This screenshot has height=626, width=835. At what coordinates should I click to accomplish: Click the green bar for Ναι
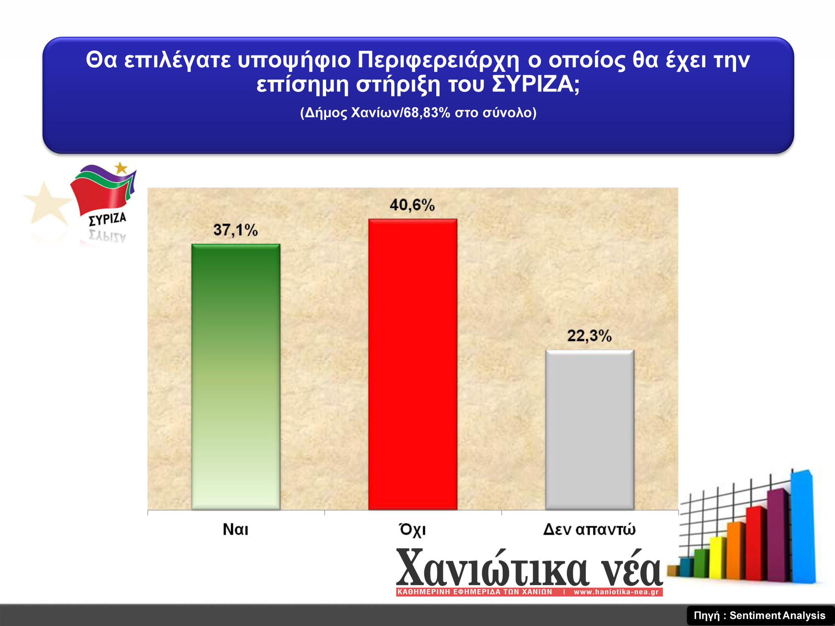click(236, 377)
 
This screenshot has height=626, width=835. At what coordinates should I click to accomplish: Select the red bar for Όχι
click(413, 364)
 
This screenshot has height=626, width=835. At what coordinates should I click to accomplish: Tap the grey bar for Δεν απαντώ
click(590, 430)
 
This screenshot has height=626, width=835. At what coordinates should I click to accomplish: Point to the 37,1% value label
click(236, 230)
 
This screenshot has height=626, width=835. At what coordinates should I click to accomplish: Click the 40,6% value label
click(412, 205)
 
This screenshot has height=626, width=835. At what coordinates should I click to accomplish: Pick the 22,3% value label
click(590, 336)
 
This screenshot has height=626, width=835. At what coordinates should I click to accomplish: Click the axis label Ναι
click(235, 529)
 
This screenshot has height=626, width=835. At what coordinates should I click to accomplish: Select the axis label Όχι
click(412, 529)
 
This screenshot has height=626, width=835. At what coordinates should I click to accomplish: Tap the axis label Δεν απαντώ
click(590, 529)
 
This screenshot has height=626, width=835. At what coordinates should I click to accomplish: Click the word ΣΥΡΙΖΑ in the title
click(536, 84)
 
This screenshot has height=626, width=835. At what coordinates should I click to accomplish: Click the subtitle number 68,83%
click(427, 113)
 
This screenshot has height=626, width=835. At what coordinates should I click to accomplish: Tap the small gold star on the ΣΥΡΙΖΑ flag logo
click(121, 168)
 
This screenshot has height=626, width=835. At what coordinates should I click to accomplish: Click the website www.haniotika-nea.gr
click(616, 592)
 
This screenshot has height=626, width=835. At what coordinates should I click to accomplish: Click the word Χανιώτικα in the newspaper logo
click(493, 568)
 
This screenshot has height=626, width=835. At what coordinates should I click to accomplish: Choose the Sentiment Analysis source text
click(777, 616)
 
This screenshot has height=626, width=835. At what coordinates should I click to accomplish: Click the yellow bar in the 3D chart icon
click(718, 558)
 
